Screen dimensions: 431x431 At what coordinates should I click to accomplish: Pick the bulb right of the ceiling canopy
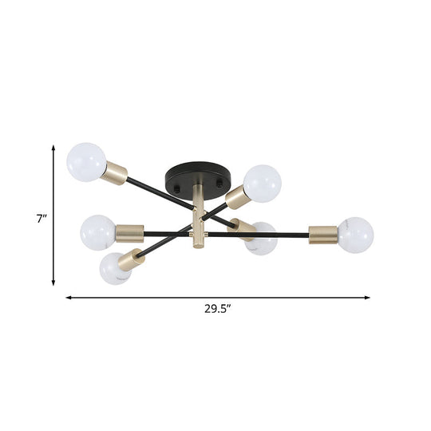[x=261, y=182]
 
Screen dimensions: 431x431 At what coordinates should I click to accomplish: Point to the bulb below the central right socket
[x=260, y=239]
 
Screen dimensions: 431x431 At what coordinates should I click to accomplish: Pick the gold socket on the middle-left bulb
[x=128, y=234]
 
